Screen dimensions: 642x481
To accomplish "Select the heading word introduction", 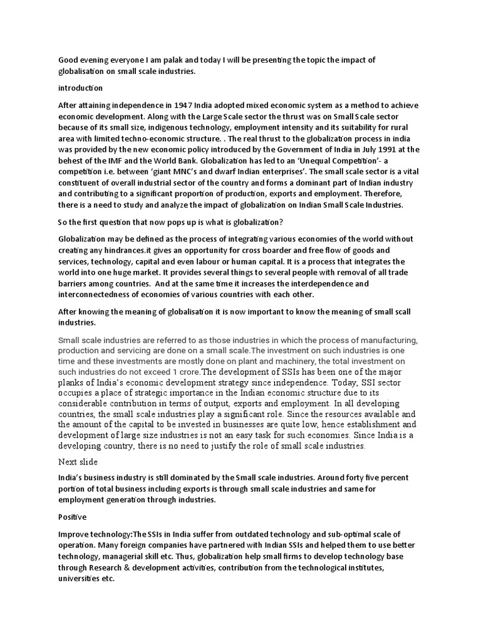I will point(81,88).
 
